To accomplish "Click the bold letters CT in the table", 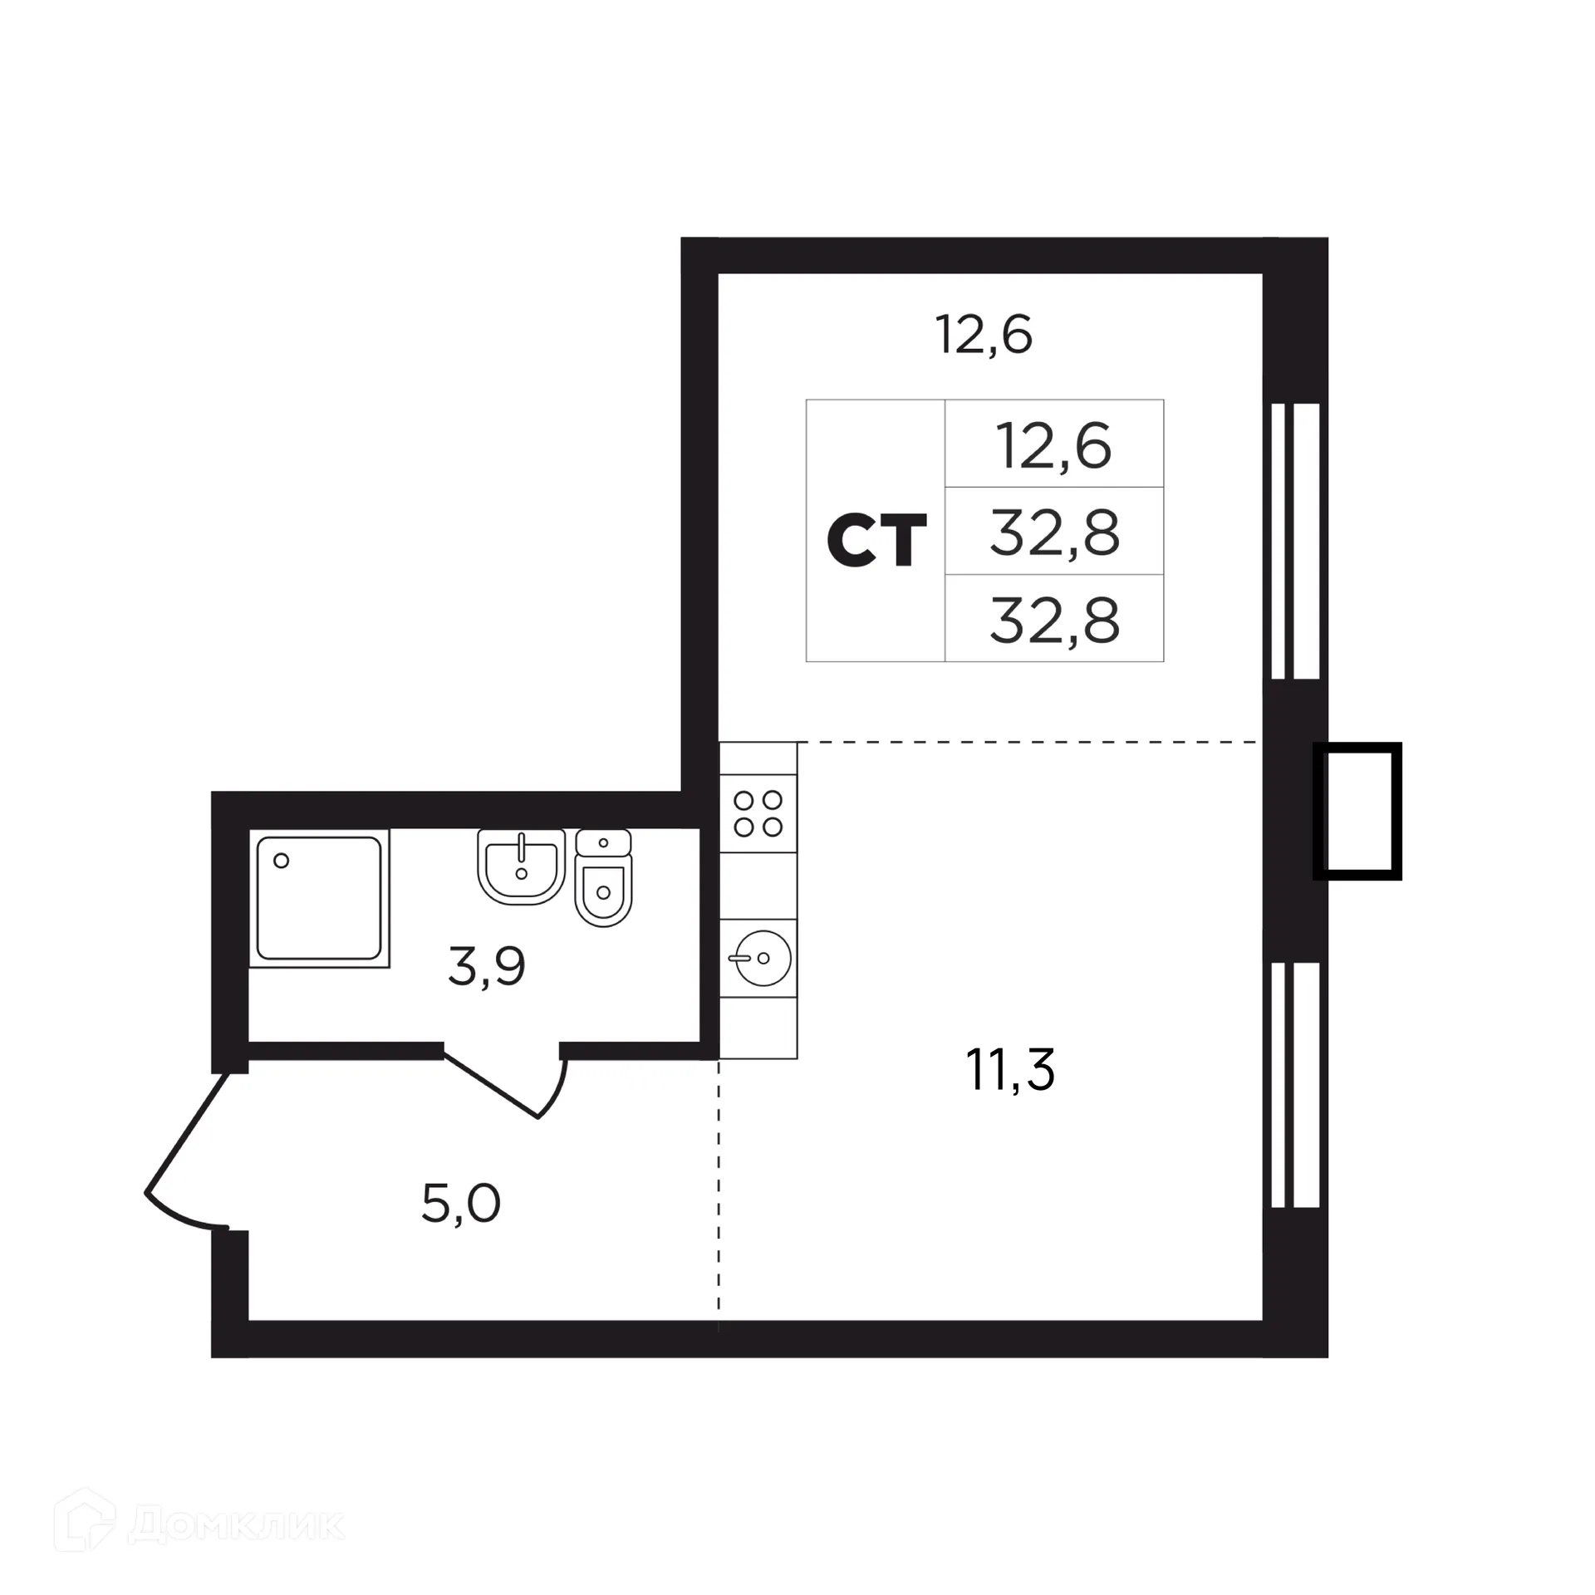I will [x=876, y=539].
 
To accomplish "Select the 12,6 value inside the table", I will [x=1053, y=446].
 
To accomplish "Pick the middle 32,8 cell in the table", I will [x=1054, y=532].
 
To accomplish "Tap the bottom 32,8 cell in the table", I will [x=1054, y=620].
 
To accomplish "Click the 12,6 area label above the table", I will [x=984, y=335].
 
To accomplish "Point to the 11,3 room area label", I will [x=1009, y=1070].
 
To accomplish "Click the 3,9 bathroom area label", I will [x=487, y=966].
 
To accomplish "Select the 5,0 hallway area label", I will [x=461, y=1204].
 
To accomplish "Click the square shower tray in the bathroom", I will [x=319, y=898].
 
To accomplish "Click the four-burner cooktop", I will [x=758, y=813].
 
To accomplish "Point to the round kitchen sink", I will [x=761, y=958].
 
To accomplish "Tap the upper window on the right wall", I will [x=1295, y=541].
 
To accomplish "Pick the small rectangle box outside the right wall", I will [x=1357, y=811].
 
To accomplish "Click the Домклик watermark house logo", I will [x=84, y=1523].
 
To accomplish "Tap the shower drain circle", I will [x=282, y=861].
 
